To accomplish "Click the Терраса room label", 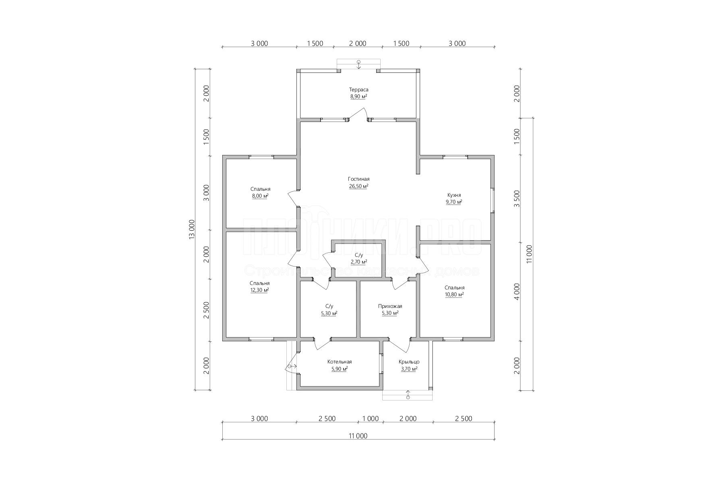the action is (x=358, y=90).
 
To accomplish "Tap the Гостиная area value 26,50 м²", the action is (x=358, y=186).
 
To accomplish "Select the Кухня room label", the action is (x=454, y=195).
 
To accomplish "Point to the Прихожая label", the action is (x=390, y=306).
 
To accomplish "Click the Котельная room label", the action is (x=340, y=362).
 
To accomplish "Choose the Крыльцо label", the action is (x=409, y=362).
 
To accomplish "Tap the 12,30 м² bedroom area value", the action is (x=260, y=290).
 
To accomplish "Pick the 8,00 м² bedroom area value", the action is (x=260, y=196).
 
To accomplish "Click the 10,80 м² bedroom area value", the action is (x=454, y=294).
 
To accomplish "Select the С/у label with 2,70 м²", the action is (x=359, y=255).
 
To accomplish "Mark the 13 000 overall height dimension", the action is (x=192, y=230).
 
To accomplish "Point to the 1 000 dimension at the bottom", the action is (x=371, y=419).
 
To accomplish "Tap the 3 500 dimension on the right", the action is (x=517, y=199).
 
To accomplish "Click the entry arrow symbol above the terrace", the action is (x=358, y=64).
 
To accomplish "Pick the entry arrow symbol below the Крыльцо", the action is (x=408, y=394).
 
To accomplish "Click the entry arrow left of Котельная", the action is (x=292, y=366).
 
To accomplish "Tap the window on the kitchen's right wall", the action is (x=492, y=200).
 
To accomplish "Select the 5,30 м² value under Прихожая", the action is (x=390, y=313).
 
